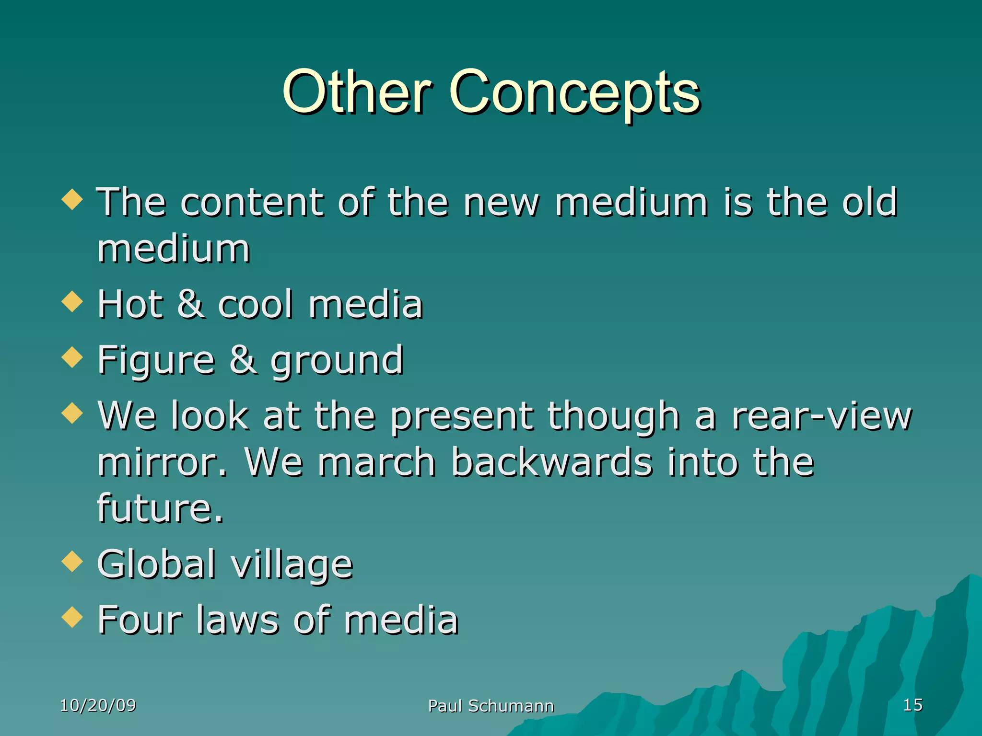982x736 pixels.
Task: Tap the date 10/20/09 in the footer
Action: pos(98,705)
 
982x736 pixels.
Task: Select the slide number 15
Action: pos(912,704)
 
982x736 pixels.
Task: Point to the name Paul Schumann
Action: pos(491,706)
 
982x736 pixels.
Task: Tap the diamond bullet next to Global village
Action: pos(72,562)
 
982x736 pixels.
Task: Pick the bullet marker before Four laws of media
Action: pos(72,617)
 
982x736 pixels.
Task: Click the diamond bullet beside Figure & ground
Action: pos(72,357)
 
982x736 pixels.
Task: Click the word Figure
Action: pos(156,360)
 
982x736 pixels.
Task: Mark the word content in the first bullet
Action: pos(252,202)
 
